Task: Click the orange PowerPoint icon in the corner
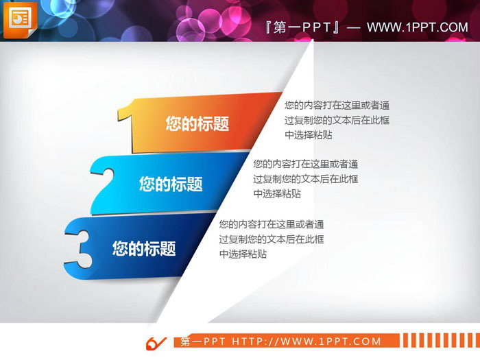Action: pos(19,19)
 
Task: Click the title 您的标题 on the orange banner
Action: pos(197,124)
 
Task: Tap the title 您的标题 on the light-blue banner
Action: pos(171,184)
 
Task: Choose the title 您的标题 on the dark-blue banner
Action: pos(144,248)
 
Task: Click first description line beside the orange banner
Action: pos(337,105)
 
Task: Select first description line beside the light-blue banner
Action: pos(306,165)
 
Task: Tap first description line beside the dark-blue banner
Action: pos(272,224)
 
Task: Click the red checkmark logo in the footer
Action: pos(156,341)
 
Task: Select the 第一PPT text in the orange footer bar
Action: pos(204,341)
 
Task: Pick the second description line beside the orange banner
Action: pos(337,120)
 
